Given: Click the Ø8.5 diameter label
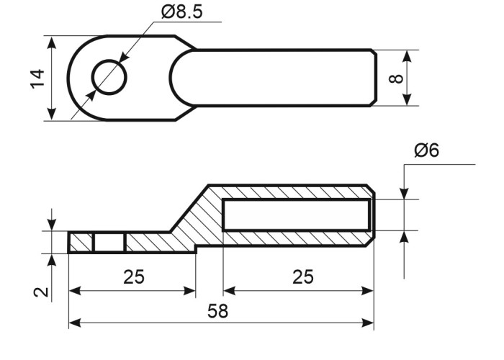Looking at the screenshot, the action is click(182, 12).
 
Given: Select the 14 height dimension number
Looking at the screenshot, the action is click(37, 78).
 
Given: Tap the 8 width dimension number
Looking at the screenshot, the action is click(396, 78).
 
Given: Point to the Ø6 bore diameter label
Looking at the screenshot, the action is click(426, 150).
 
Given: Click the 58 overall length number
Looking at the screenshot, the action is click(218, 311).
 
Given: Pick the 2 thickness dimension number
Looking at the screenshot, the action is click(41, 292).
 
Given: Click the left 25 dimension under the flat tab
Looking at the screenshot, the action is click(134, 276).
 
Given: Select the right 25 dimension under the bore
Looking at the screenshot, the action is click(303, 276).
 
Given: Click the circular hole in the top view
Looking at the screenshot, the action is click(109, 78).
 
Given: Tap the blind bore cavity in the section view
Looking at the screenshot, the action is click(296, 215).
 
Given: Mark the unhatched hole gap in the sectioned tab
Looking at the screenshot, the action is click(109, 243).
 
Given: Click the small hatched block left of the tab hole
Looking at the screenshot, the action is click(81, 243).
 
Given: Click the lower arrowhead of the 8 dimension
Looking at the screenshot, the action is click(408, 99).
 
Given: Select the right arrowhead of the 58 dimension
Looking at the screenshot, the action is click(367, 323).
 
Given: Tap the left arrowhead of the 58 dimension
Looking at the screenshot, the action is click(75, 323).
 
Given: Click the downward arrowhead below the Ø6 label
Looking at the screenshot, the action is click(404, 193).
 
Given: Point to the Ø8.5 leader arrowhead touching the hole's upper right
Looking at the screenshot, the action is click(124, 57).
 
